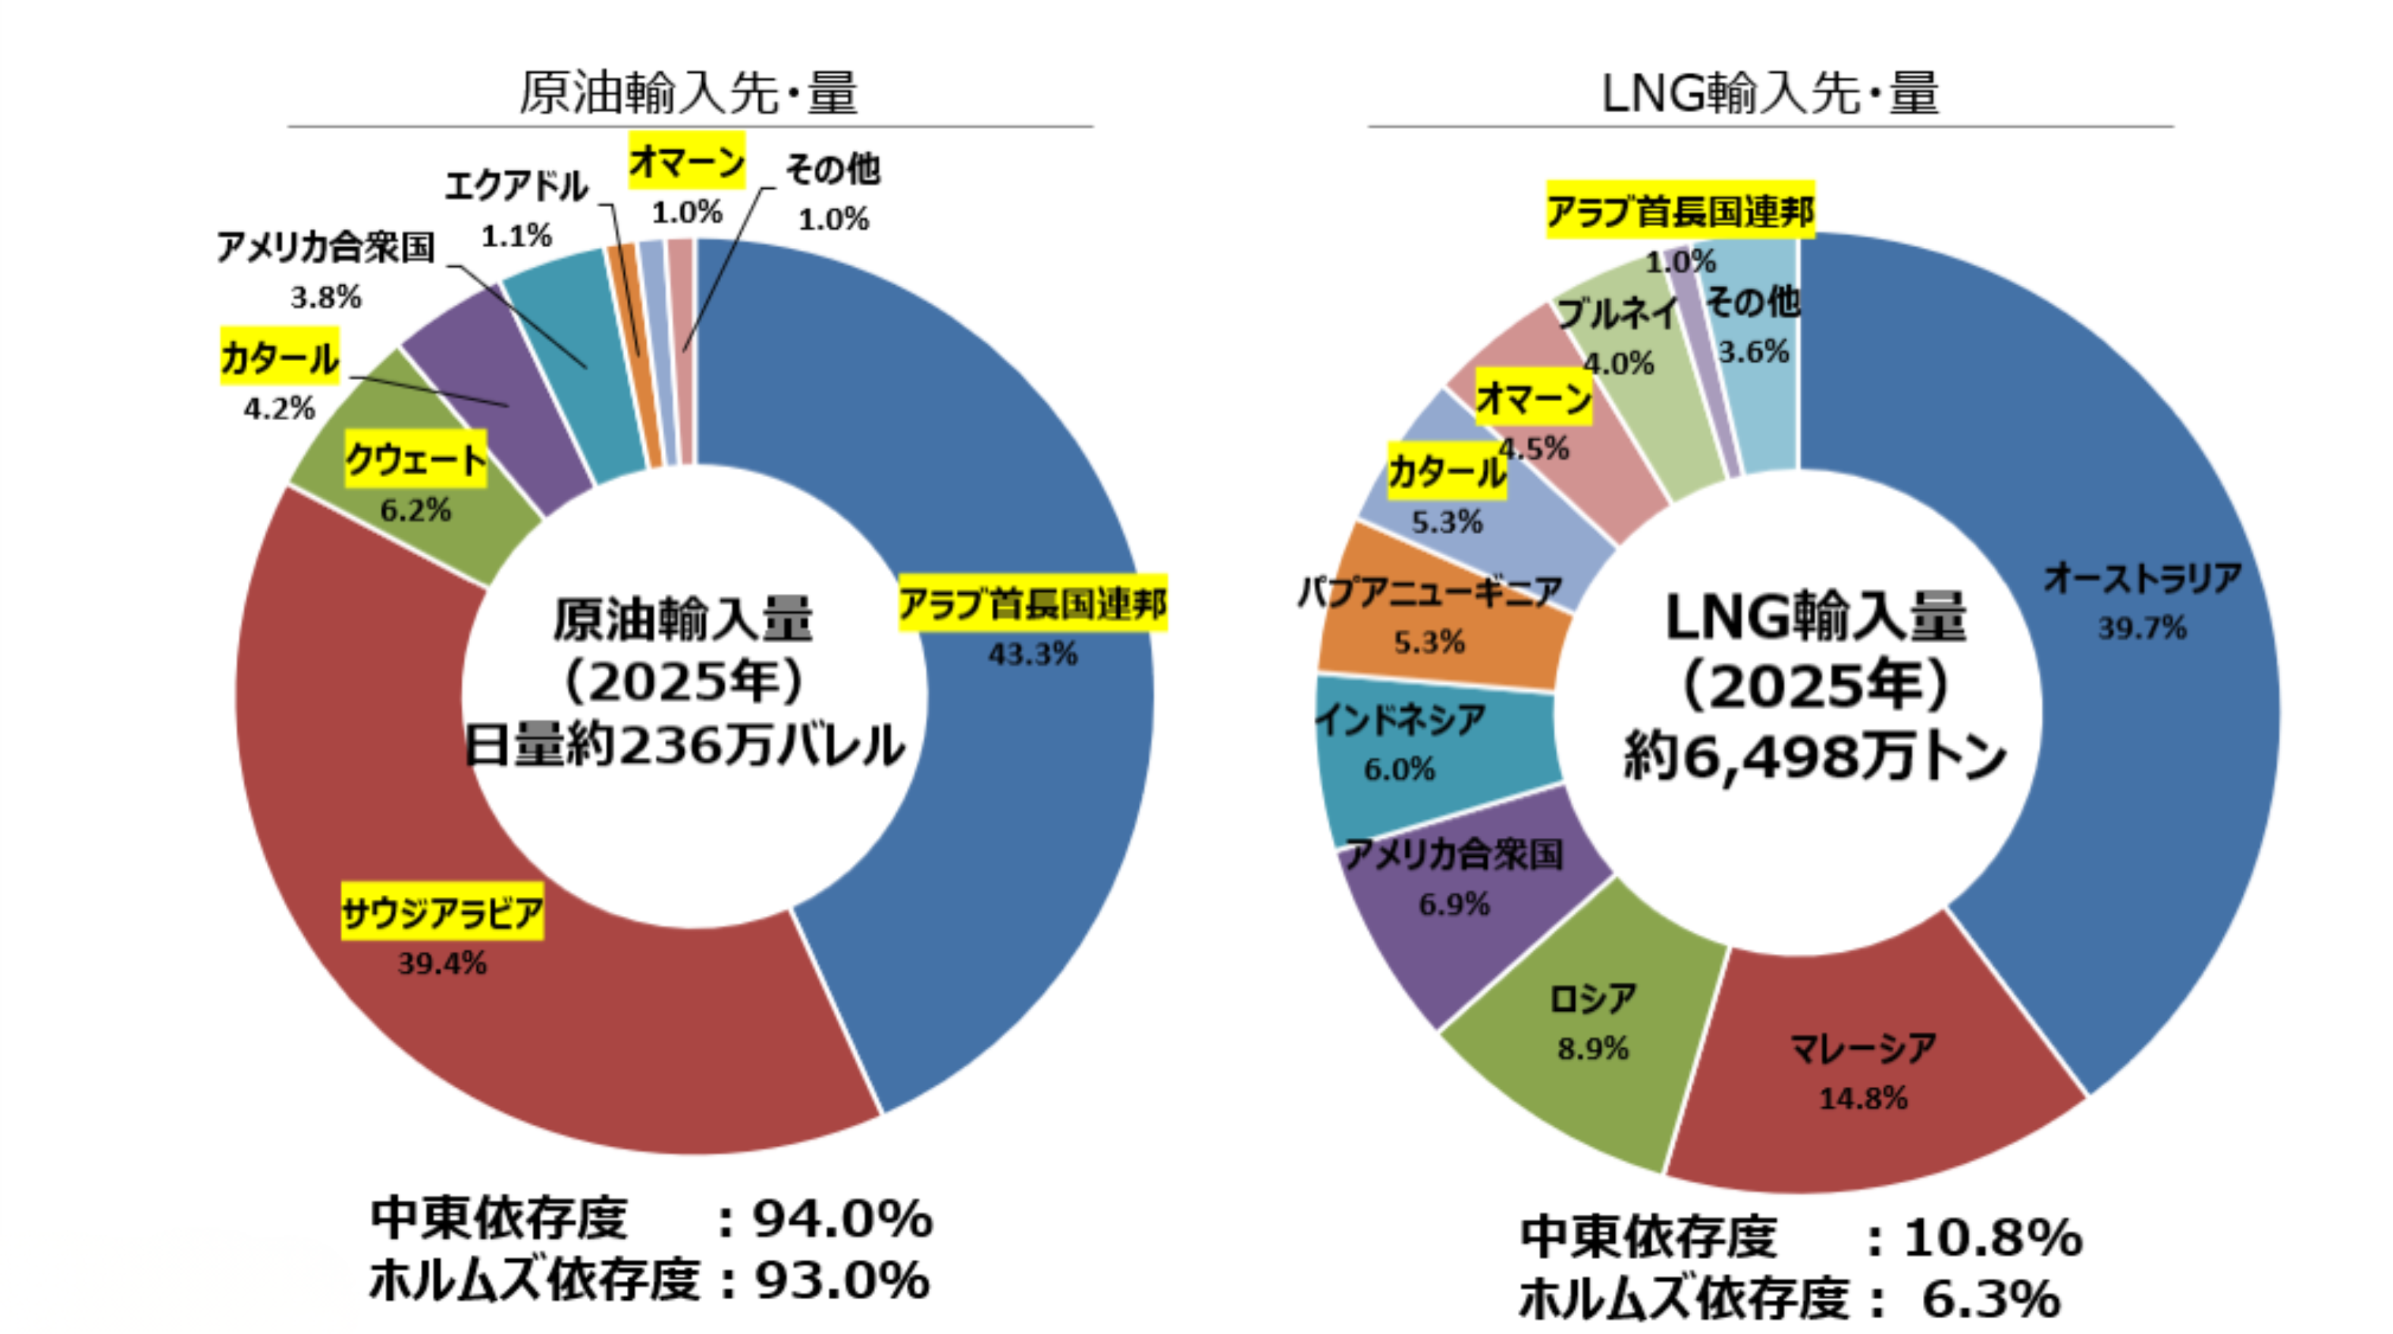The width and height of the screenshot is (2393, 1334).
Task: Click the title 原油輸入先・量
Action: (688, 93)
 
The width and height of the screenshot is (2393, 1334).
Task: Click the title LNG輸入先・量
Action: (1770, 93)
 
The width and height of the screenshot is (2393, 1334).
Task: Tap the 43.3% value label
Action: (1032, 654)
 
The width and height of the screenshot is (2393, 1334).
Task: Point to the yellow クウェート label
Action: (416, 460)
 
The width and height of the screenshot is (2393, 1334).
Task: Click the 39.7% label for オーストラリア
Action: (2142, 628)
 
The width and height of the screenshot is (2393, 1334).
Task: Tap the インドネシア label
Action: (1400, 720)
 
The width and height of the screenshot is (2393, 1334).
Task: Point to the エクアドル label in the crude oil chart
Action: (516, 186)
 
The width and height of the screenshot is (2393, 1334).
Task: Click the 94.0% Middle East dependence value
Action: (842, 1218)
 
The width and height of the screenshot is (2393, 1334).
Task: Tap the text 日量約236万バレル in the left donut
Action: (685, 745)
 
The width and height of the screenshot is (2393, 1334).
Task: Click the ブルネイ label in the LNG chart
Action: (1617, 313)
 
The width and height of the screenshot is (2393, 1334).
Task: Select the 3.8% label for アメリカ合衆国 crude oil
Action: (325, 297)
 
